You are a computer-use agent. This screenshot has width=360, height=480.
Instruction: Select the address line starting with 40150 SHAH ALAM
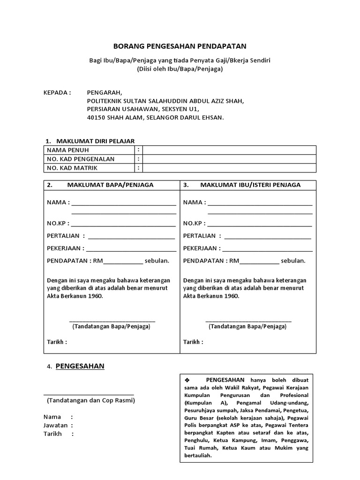(x=155, y=118)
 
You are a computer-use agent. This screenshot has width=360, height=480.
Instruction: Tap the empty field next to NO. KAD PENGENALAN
(x=229, y=159)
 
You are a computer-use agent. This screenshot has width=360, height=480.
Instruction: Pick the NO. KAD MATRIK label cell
(x=72, y=168)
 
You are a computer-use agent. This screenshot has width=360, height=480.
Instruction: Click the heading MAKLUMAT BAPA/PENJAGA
(x=110, y=185)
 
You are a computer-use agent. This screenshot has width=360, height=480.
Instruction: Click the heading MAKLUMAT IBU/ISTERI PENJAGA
(x=250, y=185)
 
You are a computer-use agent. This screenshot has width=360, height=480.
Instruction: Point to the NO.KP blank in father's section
(x=123, y=223)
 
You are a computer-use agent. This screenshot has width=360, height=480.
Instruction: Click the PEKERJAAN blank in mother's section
(x=267, y=248)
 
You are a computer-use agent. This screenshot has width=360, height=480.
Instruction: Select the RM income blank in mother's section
(x=259, y=261)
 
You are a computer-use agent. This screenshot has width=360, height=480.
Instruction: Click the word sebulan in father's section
(x=157, y=261)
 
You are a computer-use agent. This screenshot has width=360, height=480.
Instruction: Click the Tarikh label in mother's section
(x=193, y=342)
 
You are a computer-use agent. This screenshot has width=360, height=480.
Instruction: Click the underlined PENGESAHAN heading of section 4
(x=80, y=367)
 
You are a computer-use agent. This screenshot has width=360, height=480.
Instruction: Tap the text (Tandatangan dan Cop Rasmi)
(x=91, y=401)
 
